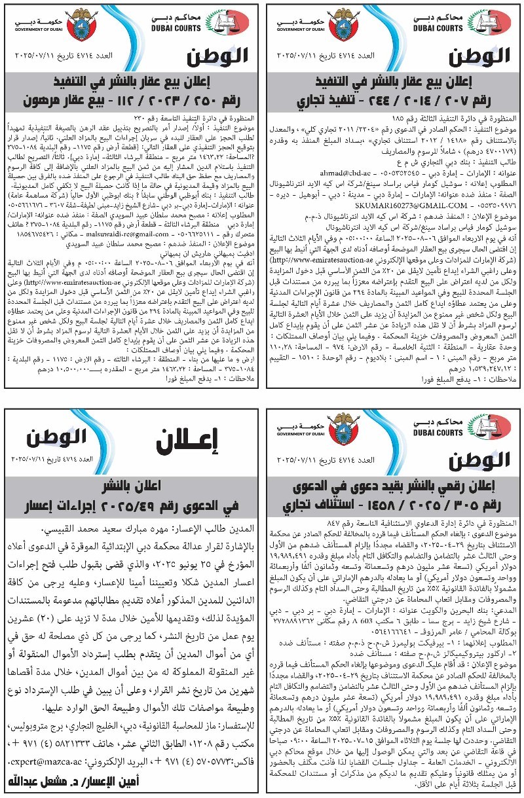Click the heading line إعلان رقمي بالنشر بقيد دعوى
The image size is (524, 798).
(x=394, y=486)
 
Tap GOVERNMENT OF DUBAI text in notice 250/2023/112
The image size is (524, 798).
(x=35, y=29)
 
